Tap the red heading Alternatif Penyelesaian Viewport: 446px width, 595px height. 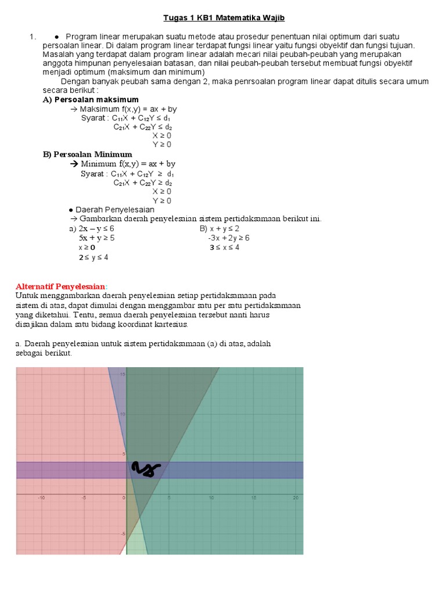pyautogui.click(x=61, y=286)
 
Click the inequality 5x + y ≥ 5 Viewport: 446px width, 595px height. pyautogui.click(x=96, y=238)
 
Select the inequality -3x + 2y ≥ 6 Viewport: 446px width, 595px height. pyautogui.click(x=229, y=238)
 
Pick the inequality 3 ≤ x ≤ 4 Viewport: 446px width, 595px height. pyautogui.click(x=225, y=248)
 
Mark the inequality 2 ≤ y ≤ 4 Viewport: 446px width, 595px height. pyautogui.click(x=93, y=257)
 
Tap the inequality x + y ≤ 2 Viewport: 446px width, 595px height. pyautogui.click(x=225, y=228)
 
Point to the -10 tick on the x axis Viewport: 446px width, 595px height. pyautogui.click(x=41, y=498)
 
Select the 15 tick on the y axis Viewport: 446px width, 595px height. pyautogui.click(x=123, y=374)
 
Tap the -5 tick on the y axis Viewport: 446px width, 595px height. pyautogui.click(x=122, y=533)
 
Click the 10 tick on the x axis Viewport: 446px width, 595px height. pyautogui.click(x=211, y=498)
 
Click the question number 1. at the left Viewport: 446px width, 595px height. pyautogui.click(x=33, y=37)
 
